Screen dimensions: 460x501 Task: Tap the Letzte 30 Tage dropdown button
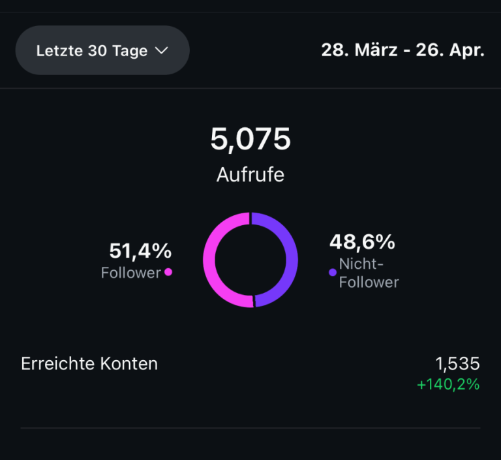click(102, 50)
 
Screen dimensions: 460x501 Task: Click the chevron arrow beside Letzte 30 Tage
click(162, 50)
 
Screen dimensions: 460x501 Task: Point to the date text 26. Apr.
click(451, 50)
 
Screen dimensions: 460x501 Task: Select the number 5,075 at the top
click(250, 139)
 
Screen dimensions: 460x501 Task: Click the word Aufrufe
click(250, 175)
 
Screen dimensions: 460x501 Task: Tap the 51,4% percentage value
click(140, 251)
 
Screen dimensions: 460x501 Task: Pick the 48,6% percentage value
click(362, 242)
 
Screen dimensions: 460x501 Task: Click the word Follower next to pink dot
click(130, 273)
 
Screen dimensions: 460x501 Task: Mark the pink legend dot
click(168, 272)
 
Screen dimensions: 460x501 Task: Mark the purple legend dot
click(333, 272)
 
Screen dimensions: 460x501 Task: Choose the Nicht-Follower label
click(369, 273)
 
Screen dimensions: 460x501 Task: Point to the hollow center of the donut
click(250, 260)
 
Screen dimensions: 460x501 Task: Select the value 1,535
click(457, 363)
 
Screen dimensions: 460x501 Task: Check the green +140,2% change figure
click(448, 384)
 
